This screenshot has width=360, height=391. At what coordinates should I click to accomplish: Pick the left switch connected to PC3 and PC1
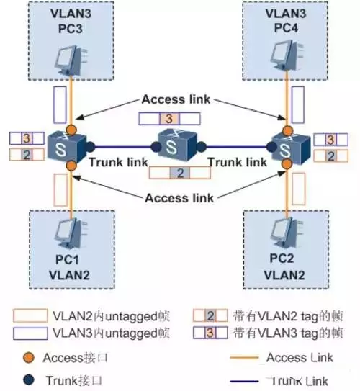pos(68,148)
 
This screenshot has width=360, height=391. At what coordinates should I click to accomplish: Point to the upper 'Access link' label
pos(176,99)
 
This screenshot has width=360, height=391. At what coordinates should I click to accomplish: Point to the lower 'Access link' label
pos(176,197)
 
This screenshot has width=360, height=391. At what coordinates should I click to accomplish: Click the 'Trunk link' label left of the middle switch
pos(119,163)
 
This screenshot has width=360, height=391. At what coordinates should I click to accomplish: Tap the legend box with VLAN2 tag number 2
pos(210,315)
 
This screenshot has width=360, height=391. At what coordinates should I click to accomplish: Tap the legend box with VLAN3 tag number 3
pos(210,333)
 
